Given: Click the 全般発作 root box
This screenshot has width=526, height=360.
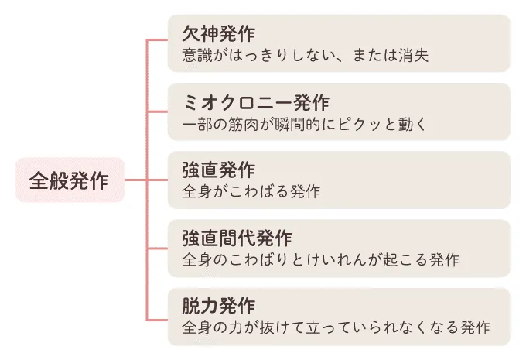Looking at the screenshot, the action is point(70,180).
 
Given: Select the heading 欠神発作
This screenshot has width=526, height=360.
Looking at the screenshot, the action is point(218,33).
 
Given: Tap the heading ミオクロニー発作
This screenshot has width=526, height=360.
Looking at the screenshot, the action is point(256,102).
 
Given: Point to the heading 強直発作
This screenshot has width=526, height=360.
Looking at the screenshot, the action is point(218,170).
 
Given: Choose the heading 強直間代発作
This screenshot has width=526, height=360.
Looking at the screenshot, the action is point(237,238).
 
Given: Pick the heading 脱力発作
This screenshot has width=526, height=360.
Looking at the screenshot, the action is point(218,307).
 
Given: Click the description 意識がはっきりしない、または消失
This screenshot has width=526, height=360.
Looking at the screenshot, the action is point(306,56).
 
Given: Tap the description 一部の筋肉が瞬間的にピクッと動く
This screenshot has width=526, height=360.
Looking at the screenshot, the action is point(304,124).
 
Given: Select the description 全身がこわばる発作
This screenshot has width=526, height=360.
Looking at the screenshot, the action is point(251,192).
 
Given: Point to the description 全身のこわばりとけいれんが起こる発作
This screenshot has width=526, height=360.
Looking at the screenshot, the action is point(320,260).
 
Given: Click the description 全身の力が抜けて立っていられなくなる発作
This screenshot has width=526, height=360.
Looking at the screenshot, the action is point(336,327).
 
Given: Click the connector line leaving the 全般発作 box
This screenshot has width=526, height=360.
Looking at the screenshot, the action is point(135,180).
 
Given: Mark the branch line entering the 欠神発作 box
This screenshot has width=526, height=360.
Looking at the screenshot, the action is point(157,40).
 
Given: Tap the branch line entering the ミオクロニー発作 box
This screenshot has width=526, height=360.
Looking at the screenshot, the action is point(157,111).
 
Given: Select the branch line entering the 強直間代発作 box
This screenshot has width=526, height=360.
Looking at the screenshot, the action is point(157,249).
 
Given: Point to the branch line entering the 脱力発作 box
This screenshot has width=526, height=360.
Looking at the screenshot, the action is point(157,320).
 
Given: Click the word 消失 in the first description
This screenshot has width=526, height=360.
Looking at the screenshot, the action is point(413,56).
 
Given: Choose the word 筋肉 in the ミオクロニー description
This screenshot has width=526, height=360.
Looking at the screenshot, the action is point(243,124).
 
